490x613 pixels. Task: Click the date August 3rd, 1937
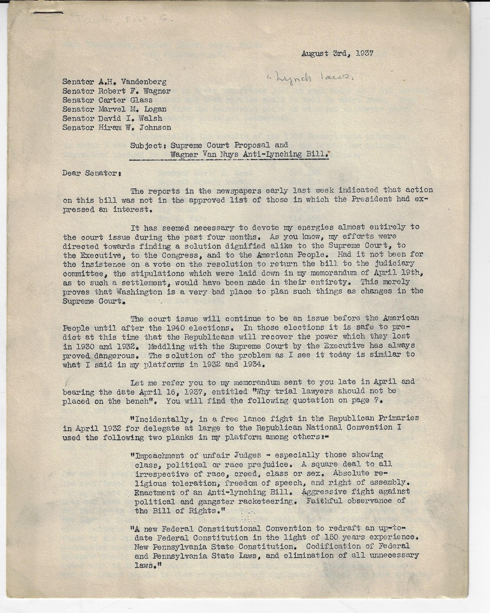click(x=338, y=54)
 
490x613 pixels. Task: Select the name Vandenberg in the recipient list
click(x=144, y=82)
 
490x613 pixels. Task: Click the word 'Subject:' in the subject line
click(x=148, y=145)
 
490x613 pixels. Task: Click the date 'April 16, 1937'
click(x=168, y=392)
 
